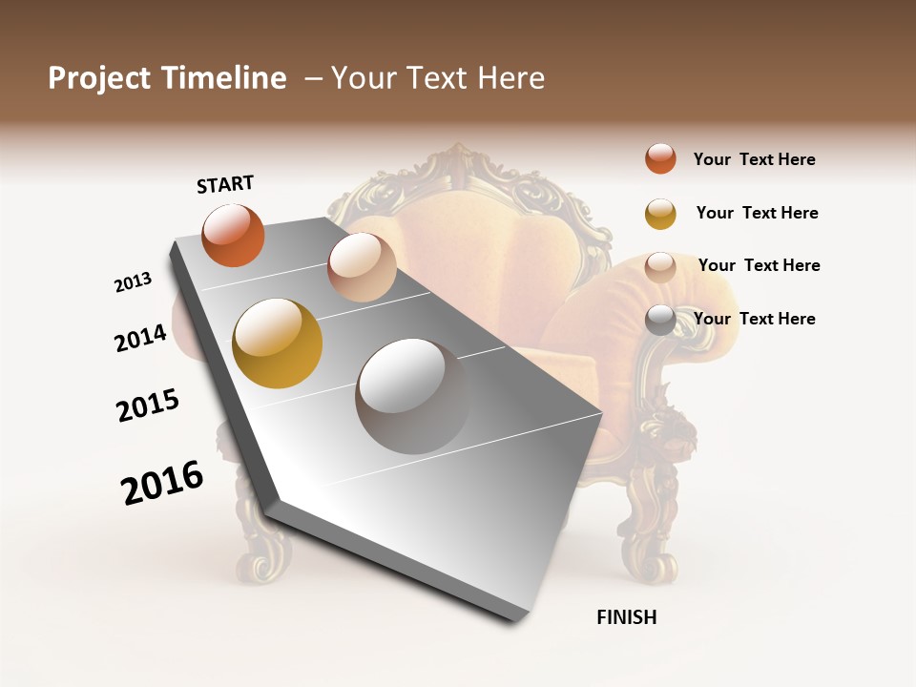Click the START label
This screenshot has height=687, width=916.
pyautogui.click(x=225, y=184)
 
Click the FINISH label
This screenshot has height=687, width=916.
pyautogui.click(x=626, y=617)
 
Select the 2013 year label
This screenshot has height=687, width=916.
pyautogui.click(x=133, y=282)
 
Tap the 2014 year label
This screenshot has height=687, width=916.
pyautogui.click(x=140, y=338)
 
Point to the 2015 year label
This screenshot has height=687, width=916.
pyautogui.click(x=148, y=406)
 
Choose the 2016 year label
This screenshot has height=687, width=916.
pyautogui.click(x=162, y=483)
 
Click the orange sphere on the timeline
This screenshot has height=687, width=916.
pyautogui.click(x=233, y=235)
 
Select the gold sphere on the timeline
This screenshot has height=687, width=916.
pyautogui.click(x=277, y=343)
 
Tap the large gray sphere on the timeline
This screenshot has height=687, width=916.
pyautogui.click(x=413, y=395)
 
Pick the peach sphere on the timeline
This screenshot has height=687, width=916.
pyautogui.click(x=362, y=267)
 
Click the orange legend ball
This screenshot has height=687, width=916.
pyautogui.click(x=660, y=159)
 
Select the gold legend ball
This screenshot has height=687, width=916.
pyautogui.click(x=660, y=214)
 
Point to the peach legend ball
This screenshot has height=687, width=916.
pyautogui.click(x=660, y=267)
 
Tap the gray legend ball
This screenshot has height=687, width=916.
pyautogui.click(x=660, y=320)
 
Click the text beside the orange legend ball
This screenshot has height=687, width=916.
pyautogui.click(x=754, y=159)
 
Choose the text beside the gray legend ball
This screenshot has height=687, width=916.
pyautogui.click(x=754, y=319)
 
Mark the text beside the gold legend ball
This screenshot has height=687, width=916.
pyautogui.click(x=757, y=213)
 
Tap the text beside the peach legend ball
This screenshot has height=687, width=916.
pyautogui.click(x=759, y=265)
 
